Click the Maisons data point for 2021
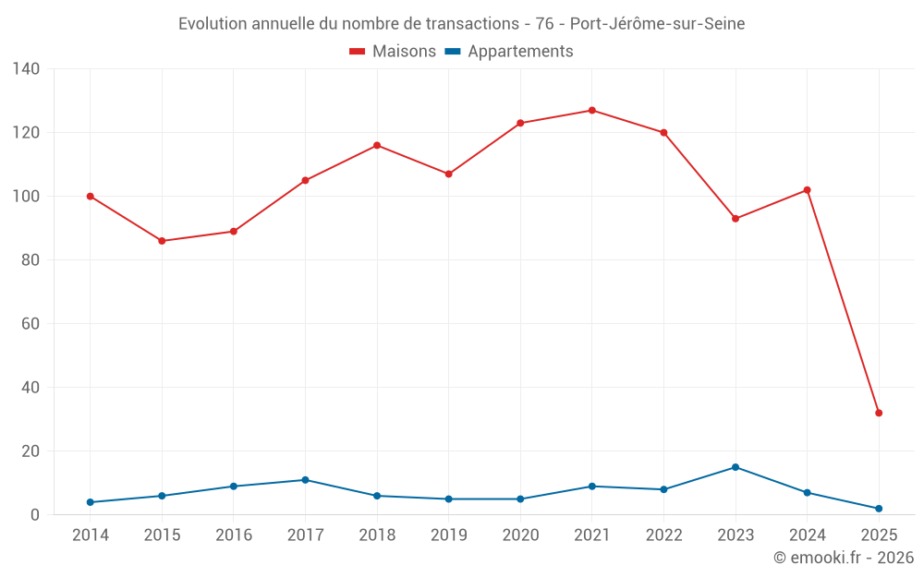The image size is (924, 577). point(592,111)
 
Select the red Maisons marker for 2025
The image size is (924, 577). point(879,413)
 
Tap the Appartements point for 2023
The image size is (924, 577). point(736,467)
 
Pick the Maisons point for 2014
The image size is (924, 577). point(91,197)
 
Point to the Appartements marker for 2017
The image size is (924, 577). point(305,480)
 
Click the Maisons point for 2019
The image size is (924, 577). point(449,174)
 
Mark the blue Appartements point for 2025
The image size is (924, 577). point(879,509)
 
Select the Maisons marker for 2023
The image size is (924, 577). point(736,219)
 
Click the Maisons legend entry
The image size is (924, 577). point(393,52)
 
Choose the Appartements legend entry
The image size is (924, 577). point(509,52)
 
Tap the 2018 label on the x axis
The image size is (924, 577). point(377,535)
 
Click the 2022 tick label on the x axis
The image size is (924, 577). point(663,535)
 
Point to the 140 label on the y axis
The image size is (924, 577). point(26,69)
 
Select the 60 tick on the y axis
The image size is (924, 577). point(30,324)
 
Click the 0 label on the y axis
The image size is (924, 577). point(35,515)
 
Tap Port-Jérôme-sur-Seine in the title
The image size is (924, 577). point(657,24)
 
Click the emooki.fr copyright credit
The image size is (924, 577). point(844,558)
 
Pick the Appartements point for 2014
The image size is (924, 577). point(91,502)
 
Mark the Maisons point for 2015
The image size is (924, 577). point(162,241)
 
